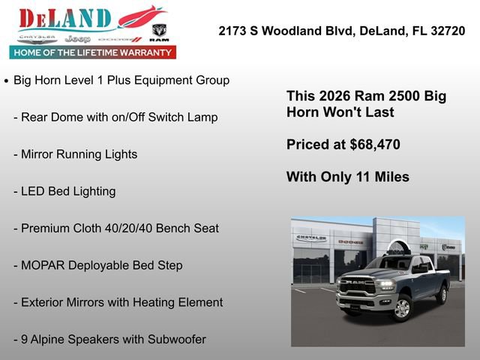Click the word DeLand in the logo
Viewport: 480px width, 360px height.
[x=65, y=19]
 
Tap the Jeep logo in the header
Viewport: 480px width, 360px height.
[x=77, y=38]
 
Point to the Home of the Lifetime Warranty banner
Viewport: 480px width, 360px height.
[x=93, y=52]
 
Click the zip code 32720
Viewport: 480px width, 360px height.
[x=445, y=31]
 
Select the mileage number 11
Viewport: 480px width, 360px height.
[x=358, y=177]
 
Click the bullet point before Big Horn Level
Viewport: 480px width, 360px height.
[x=7, y=80]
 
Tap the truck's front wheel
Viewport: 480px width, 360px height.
[x=402, y=307]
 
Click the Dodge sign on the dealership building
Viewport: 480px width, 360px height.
[x=350, y=242]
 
